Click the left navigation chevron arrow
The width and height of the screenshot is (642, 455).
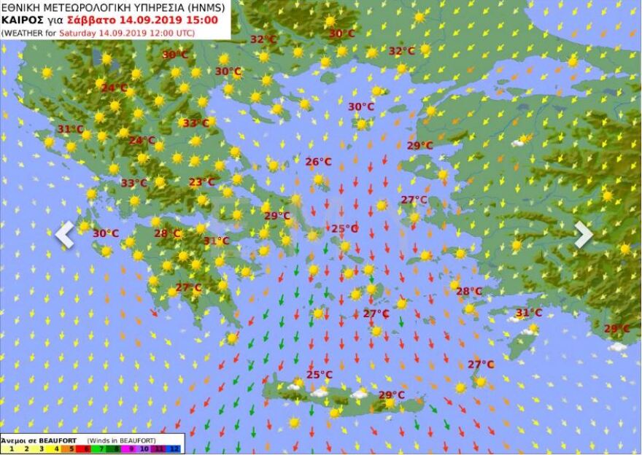(x=65, y=235)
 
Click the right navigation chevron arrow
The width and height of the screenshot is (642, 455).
(x=583, y=235)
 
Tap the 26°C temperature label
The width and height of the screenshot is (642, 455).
(x=318, y=162)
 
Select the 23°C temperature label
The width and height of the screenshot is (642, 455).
(x=202, y=182)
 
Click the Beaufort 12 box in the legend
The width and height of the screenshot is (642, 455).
(x=175, y=449)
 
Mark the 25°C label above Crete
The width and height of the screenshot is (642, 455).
(x=319, y=375)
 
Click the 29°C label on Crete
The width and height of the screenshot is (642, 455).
(x=391, y=395)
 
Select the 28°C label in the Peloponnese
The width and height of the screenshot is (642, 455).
(x=167, y=233)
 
